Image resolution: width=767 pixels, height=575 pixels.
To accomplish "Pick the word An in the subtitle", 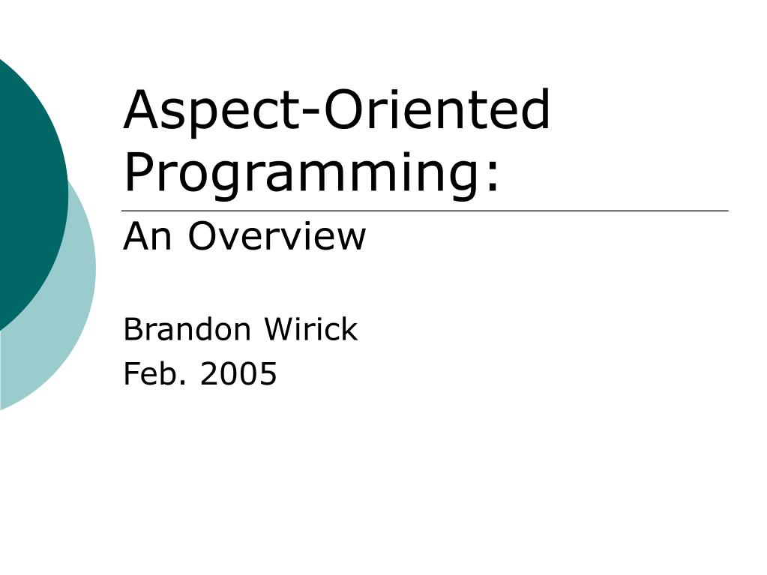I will pyautogui.click(x=150, y=237).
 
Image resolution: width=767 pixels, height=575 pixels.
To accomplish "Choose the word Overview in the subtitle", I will pyautogui.click(x=277, y=237).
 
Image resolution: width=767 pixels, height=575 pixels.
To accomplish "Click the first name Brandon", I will pyautogui.click(x=188, y=330).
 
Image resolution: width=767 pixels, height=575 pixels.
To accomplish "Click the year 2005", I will pyautogui.click(x=238, y=373).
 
